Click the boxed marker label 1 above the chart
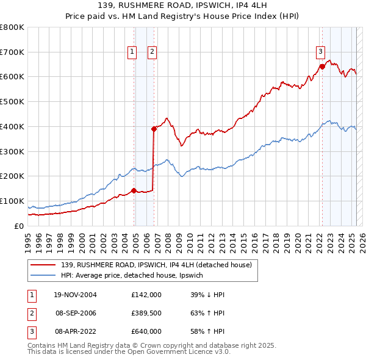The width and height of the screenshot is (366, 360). (x=132, y=52)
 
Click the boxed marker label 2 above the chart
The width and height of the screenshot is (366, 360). (x=151, y=52)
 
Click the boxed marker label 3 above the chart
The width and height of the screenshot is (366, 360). (x=320, y=52)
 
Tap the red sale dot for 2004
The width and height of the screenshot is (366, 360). (x=134, y=190)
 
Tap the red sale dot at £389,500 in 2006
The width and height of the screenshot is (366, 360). (x=154, y=128)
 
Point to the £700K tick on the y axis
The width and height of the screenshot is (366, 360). (x=12, y=52)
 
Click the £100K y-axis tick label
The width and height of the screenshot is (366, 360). (x=12, y=201)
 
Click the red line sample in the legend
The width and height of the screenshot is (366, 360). (x=44, y=264)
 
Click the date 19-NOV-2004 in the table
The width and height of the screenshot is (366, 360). (x=76, y=295)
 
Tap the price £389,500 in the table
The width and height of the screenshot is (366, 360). (x=146, y=313)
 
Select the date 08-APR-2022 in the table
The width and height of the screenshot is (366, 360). (x=76, y=331)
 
